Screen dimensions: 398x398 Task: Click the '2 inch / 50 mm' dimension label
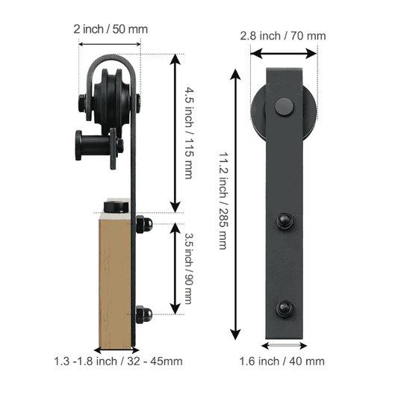[111, 29]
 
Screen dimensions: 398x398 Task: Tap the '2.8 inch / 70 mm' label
[283, 36]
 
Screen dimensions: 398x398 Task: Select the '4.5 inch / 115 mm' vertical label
[189, 133]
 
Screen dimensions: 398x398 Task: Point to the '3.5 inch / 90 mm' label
[188, 268]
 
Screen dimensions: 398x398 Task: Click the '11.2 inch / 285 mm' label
[223, 201]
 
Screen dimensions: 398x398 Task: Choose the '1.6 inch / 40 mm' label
[282, 361]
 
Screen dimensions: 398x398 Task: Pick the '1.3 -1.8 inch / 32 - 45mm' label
[118, 361]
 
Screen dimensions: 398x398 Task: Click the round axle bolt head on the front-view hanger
[284, 107]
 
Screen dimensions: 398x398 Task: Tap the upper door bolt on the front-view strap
[284, 221]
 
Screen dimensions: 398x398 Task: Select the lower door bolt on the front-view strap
[284, 308]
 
